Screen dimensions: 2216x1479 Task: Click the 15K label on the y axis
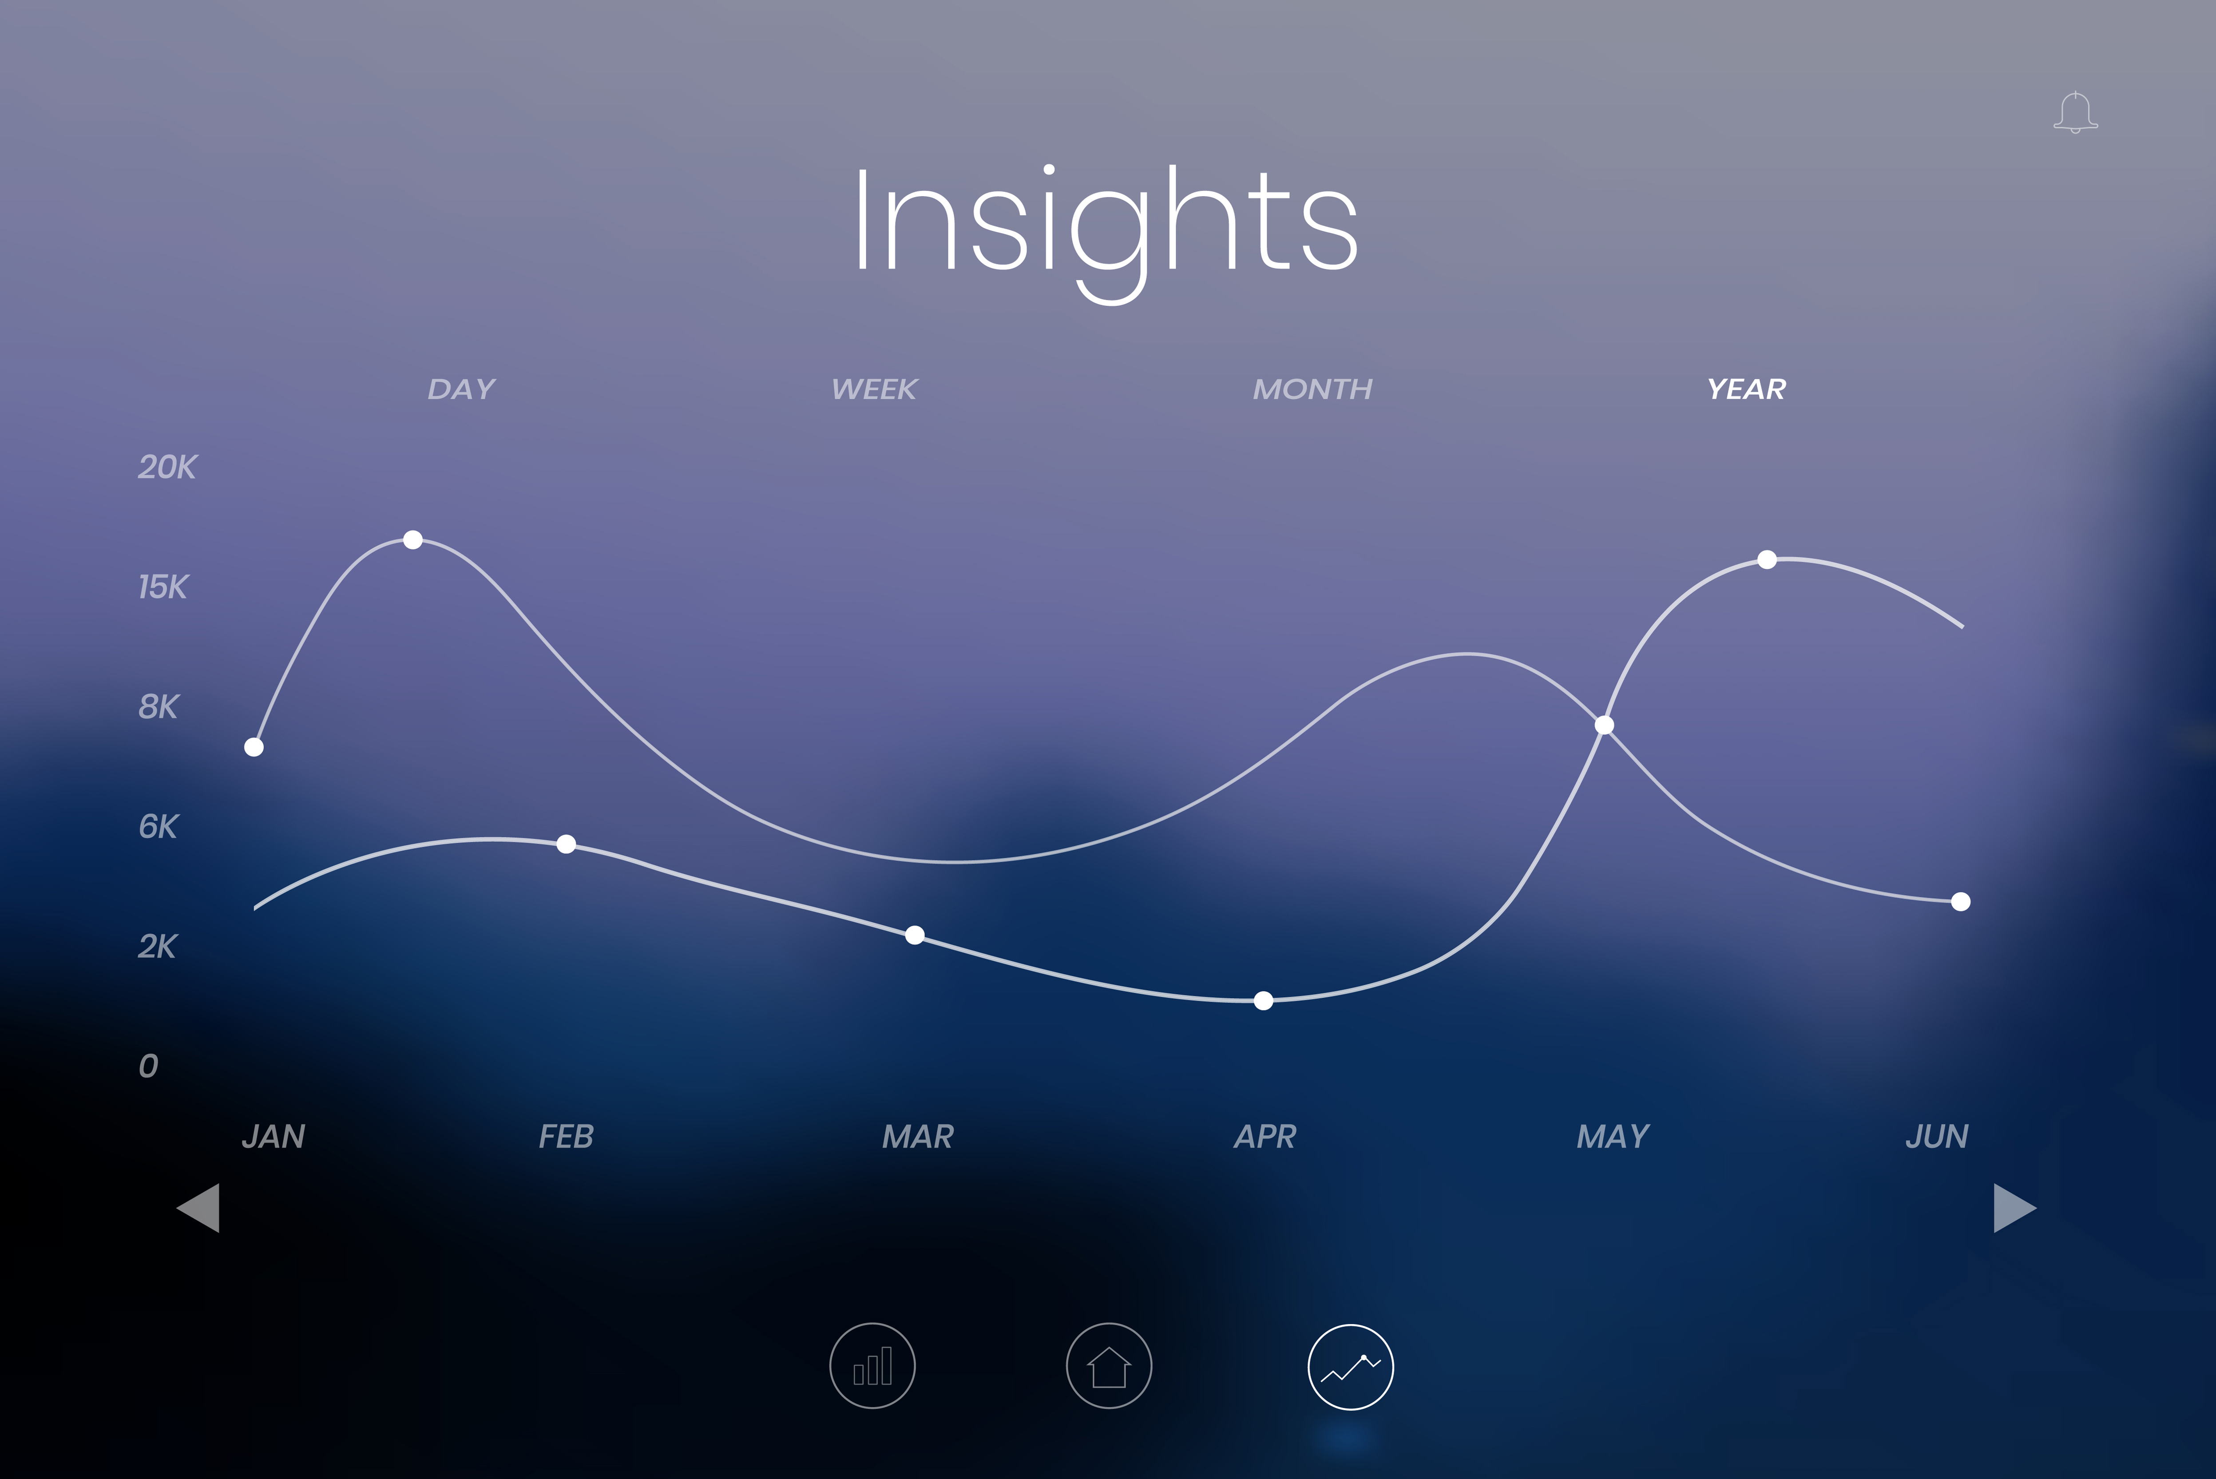pos(163,587)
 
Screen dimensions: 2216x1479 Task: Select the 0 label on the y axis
pos(148,1066)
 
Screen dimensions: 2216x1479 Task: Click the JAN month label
pos(274,1136)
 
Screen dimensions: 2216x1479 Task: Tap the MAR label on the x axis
pos(917,1136)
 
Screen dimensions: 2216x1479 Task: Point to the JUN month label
pos(1937,1136)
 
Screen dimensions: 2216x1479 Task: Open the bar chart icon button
pos(872,1366)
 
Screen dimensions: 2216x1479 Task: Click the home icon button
pos(1109,1366)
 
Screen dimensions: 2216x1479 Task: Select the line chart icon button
pos(1350,1367)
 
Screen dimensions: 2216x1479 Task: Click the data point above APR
pos(1264,1001)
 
